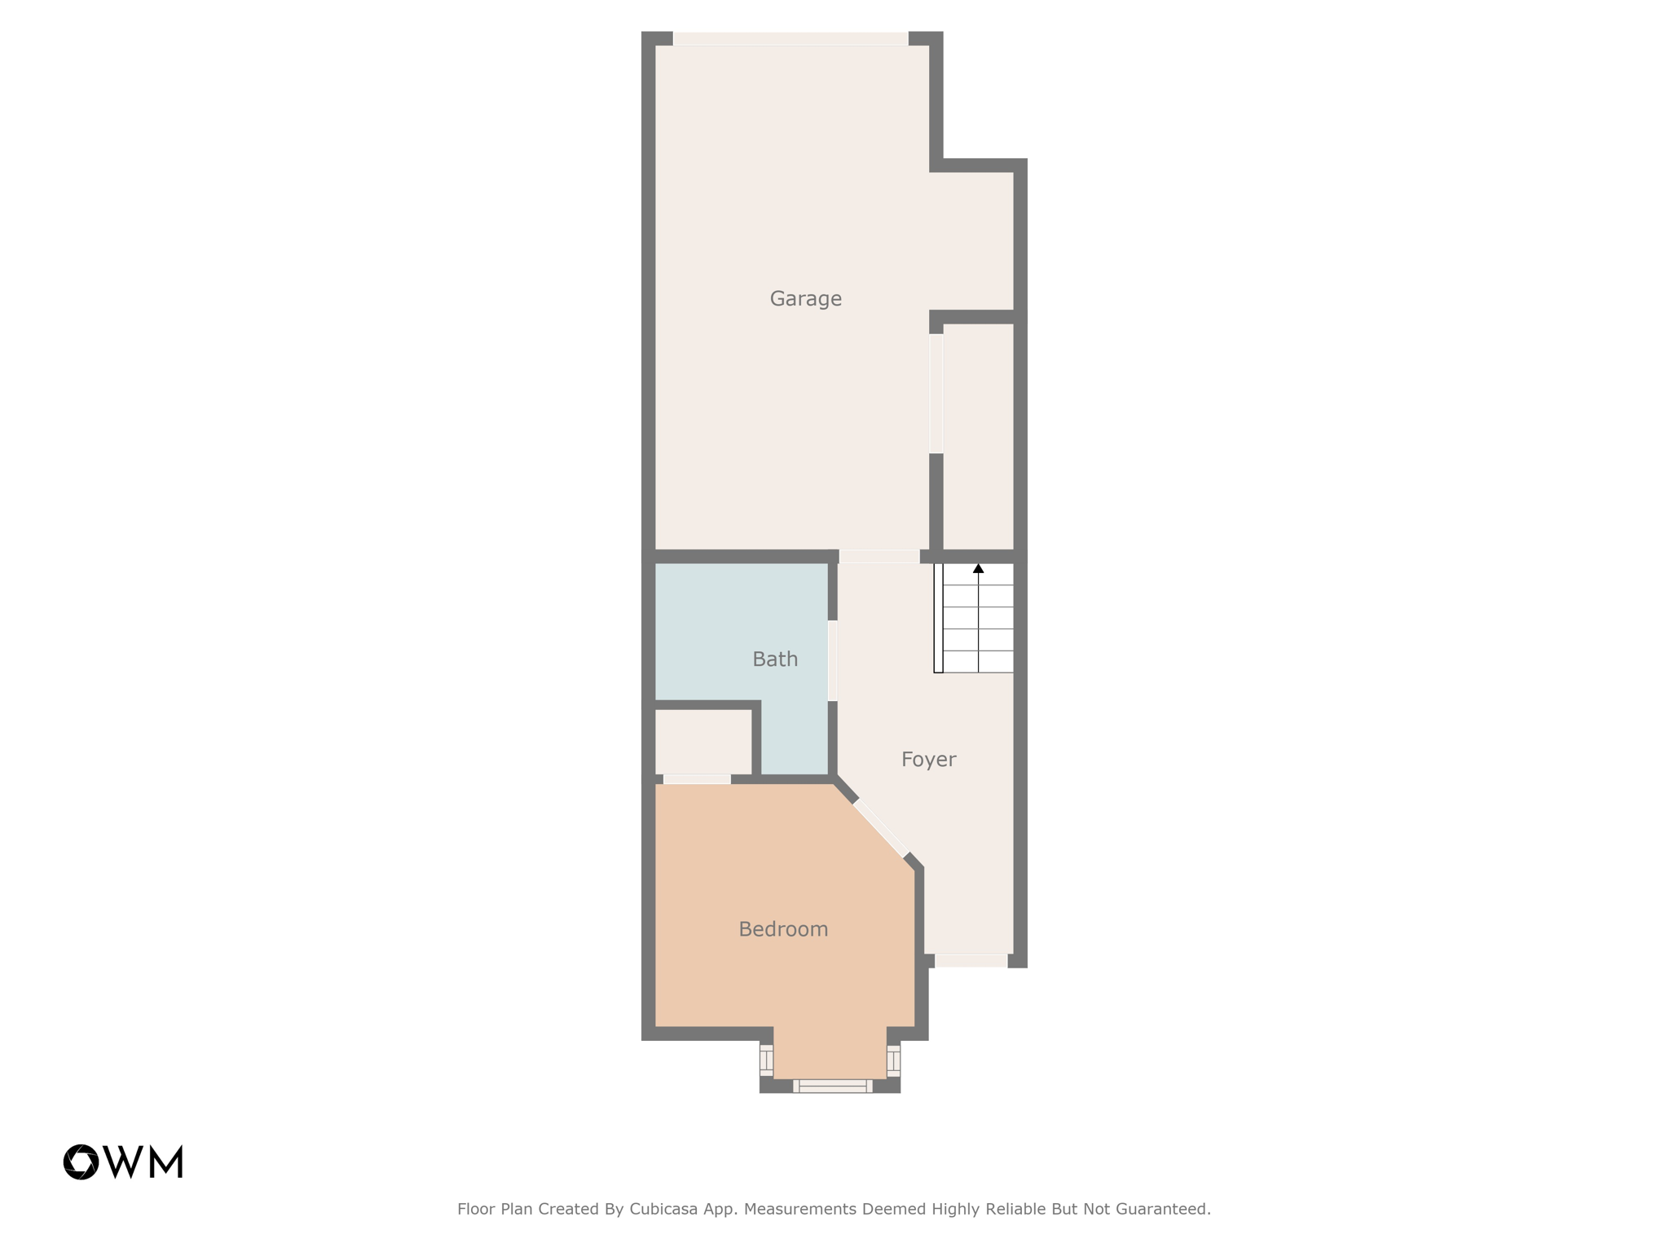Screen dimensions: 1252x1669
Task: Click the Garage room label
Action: pos(805,299)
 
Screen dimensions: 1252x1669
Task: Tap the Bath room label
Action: pos(774,659)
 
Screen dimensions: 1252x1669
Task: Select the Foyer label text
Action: pos(928,760)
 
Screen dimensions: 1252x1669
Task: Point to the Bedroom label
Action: pos(782,929)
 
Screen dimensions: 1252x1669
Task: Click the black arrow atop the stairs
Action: pos(978,568)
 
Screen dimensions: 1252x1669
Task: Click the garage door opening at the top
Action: pos(790,38)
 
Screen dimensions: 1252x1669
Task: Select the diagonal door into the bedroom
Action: pos(880,828)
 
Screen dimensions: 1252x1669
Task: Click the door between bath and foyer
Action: pos(832,660)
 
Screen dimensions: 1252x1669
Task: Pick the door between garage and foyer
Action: pos(879,557)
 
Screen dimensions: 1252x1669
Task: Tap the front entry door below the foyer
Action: pos(971,961)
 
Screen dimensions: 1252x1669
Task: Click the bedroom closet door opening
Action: pos(696,779)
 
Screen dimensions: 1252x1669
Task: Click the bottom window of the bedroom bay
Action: pos(832,1086)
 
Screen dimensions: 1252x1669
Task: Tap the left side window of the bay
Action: pos(766,1060)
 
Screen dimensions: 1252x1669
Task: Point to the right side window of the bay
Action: pos(893,1060)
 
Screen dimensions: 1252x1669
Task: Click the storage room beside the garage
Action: pos(978,436)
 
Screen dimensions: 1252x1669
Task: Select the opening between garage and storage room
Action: pos(936,393)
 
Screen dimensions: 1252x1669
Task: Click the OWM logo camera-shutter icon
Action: pos(81,1162)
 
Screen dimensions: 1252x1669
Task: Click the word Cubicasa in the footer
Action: pos(663,1210)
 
